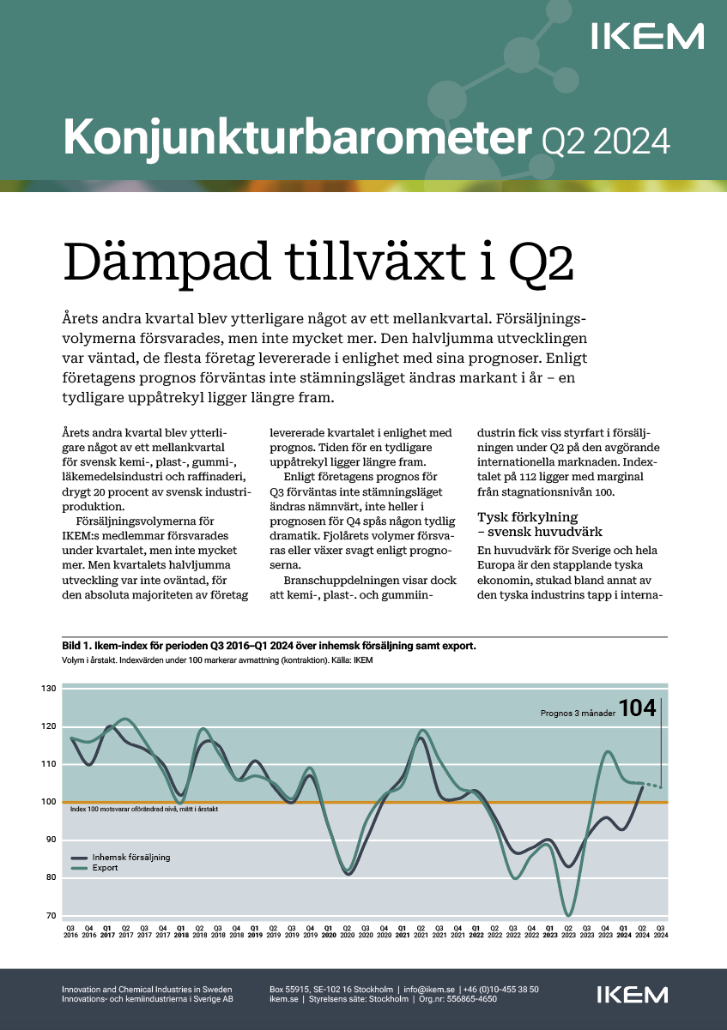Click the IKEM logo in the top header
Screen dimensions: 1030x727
pos(648,37)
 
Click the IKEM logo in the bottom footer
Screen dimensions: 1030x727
pos(632,995)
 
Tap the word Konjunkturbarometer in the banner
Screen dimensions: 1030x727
pos(293,137)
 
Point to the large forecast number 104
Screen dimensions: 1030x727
pos(637,708)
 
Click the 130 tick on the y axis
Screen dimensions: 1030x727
pos(48,689)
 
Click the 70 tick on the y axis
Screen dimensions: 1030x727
pos(50,916)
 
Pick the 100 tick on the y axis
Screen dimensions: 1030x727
pos(48,802)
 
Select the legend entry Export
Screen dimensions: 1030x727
pos(105,868)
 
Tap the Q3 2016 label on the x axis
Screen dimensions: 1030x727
pos(70,931)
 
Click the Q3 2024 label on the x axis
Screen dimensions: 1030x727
pos(660,931)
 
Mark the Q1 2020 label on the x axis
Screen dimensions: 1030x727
pos(328,931)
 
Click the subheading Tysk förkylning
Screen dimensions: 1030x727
pos(528,517)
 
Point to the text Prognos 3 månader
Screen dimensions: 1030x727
pos(578,713)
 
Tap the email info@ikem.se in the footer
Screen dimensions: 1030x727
pos(429,990)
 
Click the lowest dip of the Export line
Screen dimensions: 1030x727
pos(568,915)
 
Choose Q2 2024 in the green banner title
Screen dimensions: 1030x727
pos(605,139)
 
